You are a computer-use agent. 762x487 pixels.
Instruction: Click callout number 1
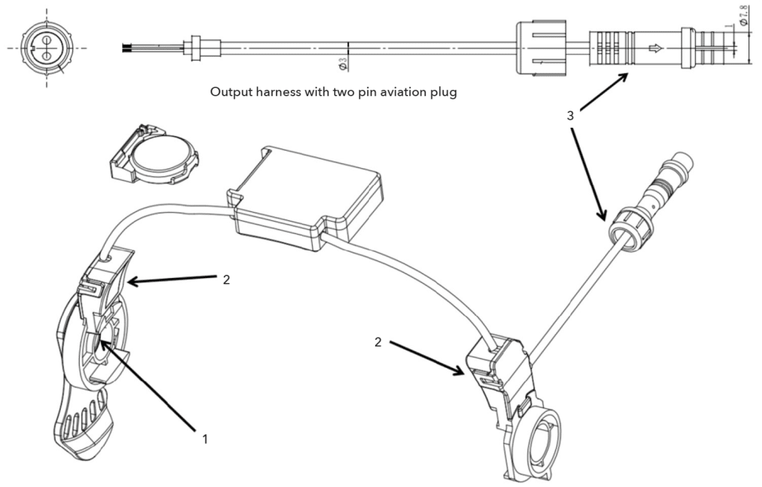click(x=205, y=439)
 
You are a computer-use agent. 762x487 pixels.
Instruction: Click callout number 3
click(x=571, y=115)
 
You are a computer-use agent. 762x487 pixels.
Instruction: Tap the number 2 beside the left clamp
click(x=226, y=280)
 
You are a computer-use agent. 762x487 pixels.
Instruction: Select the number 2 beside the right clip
click(x=378, y=342)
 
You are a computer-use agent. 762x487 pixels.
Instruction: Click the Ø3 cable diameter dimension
click(x=342, y=64)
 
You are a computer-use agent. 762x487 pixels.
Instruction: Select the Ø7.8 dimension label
click(x=743, y=16)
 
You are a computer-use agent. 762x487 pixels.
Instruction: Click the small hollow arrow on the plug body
click(x=656, y=48)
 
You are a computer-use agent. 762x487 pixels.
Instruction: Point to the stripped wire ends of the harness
click(x=128, y=48)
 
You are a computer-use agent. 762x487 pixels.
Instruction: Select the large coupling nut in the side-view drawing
click(x=541, y=48)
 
